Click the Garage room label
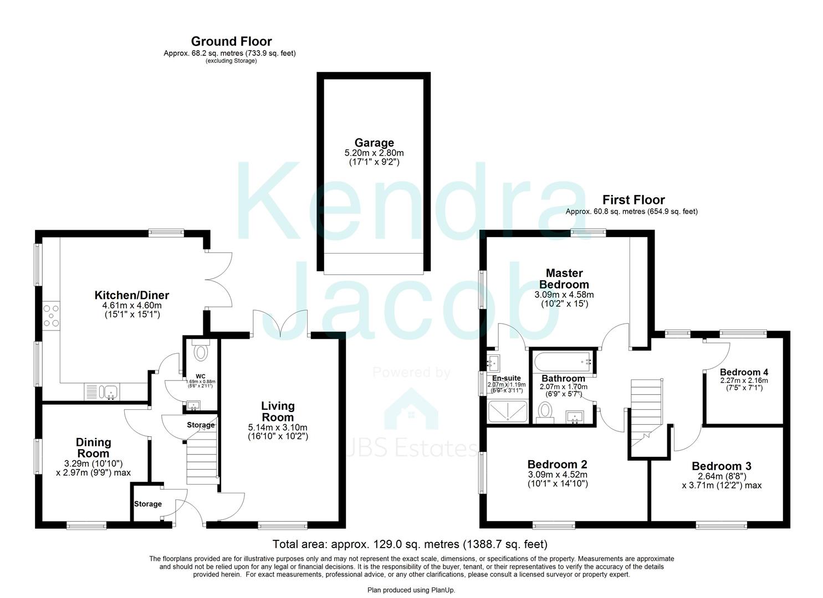pyautogui.click(x=374, y=143)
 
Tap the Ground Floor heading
pyautogui.click(x=231, y=42)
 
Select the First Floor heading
pyautogui.click(x=633, y=200)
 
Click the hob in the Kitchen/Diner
pyautogui.click(x=50, y=316)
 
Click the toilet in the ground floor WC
pyautogui.click(x=200, y=352)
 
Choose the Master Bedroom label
pyautogui.click(x=564, y=279)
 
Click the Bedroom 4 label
pyautogui.click(x=744, y=372)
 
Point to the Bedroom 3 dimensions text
pyautogui.click(x=721, y=481)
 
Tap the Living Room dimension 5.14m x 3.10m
pyautogui.click(x=278, y=427)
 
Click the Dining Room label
pyautogui.click(x=93, y=448)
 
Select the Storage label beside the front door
pyautogui.click(x=148, y=504)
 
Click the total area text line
pyautogui.click(x=410, y=544)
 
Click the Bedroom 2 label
pyautogui.click(x=557, y=464)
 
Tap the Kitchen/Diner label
pyautogui.click(x=131, y=295)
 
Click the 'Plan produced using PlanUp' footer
pyautogui.click(x=411, y=590)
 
